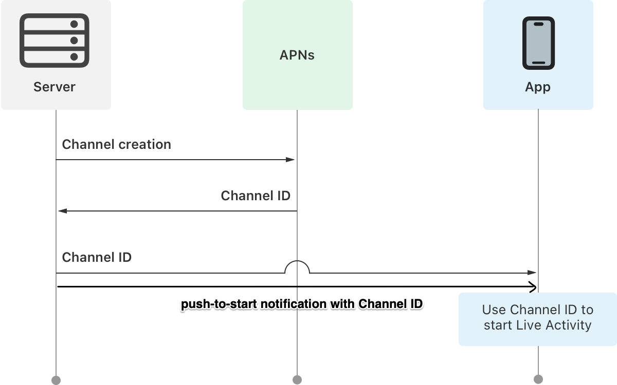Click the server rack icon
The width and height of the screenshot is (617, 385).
pos(54,41)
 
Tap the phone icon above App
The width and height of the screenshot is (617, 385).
pos(538,43)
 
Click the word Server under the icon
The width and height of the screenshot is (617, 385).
pos(54,87)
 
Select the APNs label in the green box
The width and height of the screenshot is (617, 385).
pos(297,55)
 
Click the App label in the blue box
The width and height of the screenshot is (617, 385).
pos(538,87)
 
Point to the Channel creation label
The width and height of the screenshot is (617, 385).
pos(116,144)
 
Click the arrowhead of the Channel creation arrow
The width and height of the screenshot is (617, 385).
pos(291,160)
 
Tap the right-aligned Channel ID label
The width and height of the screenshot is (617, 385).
pos(256,196)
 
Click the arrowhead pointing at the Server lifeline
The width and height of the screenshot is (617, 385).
pos(62,211)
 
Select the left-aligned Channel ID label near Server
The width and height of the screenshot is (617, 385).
pos(97,257)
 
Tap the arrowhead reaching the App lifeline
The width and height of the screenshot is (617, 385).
pos(533,273)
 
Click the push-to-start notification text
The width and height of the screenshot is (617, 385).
pos(302,304)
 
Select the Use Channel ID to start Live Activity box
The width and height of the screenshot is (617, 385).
pos(537,318)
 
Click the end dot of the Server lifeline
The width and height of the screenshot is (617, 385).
pos(56,380)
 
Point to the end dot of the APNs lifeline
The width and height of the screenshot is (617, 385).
pos(297,380)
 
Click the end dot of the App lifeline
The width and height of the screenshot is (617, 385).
pos(538,379)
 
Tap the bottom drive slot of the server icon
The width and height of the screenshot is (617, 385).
pos(54,56)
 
